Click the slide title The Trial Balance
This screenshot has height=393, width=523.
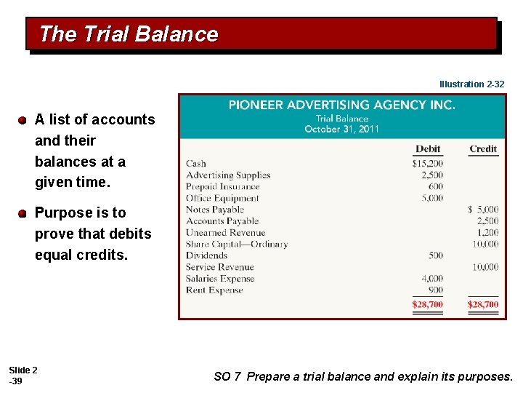129,34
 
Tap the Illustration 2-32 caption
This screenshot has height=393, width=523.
471,84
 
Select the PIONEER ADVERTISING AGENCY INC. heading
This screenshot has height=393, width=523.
342,105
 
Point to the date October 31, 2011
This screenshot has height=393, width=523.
341,129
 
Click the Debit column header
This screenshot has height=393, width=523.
428,149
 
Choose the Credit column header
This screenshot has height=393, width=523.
483,149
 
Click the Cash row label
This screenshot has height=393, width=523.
196,164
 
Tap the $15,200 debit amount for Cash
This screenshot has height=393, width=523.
427,164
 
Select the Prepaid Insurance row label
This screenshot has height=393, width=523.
222,186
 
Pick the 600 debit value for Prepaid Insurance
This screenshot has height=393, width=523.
435,186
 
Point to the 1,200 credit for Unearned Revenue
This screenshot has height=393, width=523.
487,233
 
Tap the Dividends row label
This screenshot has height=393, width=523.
207,255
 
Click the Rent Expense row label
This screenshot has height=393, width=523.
214,290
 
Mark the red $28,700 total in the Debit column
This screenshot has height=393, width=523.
427,304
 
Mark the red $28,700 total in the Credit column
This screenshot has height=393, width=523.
483,304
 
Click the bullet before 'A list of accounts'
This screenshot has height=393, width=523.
23,119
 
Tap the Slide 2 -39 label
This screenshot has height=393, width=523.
23,376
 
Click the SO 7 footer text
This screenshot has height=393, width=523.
363,376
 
